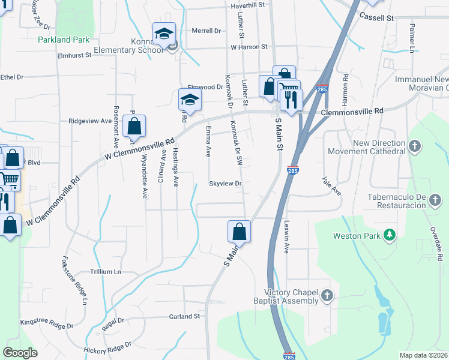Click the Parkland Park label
(x=63, y=40)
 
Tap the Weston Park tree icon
(x=391, y=235)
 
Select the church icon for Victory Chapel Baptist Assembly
(x=327, y=295)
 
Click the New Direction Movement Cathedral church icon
(x=415, y=146)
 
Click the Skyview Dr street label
(x=225, y=184)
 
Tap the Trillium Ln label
(x=105, y=272)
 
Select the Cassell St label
(x=376, y=18)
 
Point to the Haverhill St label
(x=247, y=5)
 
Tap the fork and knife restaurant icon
(x=291, y=99)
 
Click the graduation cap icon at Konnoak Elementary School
(x=163, y=35)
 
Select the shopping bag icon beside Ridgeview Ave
(x=134, y=127)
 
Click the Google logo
(x=20, y=353)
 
